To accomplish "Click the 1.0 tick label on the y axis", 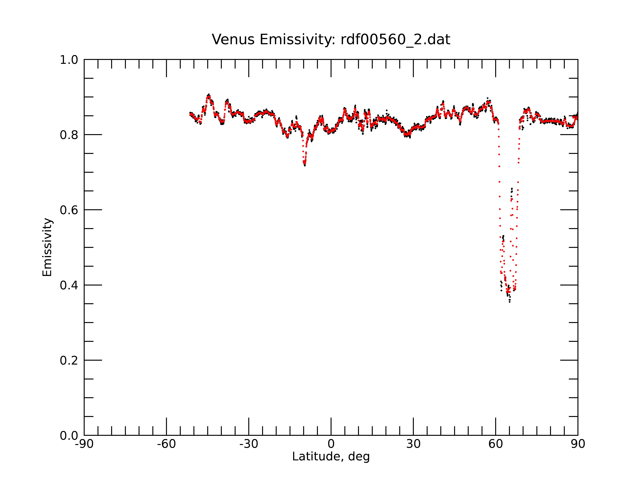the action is point(69,60).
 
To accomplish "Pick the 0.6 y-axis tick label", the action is point(69,210).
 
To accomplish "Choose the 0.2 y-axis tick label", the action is point(69,360).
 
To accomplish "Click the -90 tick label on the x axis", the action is point(84,444).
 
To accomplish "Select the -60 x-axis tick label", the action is point(166,444).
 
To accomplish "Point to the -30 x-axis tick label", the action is point(249,444).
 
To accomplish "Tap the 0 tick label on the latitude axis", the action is point(331,444).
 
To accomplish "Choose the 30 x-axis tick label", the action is point(413,444).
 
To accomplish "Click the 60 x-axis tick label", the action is point(495,444).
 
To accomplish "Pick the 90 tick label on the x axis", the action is point(578,444).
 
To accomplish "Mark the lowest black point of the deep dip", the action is point(509,302).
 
